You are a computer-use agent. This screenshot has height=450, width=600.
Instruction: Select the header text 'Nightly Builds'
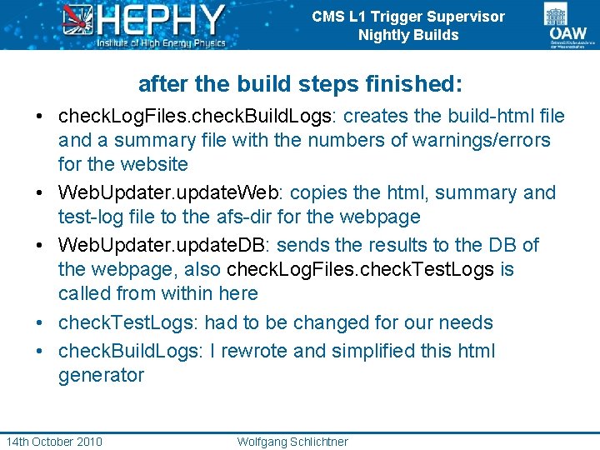tap(408, 35)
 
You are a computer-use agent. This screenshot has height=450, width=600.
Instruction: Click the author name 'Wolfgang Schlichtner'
tap(292, 441)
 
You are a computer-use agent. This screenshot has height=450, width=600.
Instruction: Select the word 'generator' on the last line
tap(101, 375)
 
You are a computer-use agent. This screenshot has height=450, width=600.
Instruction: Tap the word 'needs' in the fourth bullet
tap(468, 322)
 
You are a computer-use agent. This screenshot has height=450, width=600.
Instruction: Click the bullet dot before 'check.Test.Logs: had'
tap(40, 323)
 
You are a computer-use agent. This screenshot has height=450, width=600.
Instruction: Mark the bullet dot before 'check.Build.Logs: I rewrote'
tap(40, 351)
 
